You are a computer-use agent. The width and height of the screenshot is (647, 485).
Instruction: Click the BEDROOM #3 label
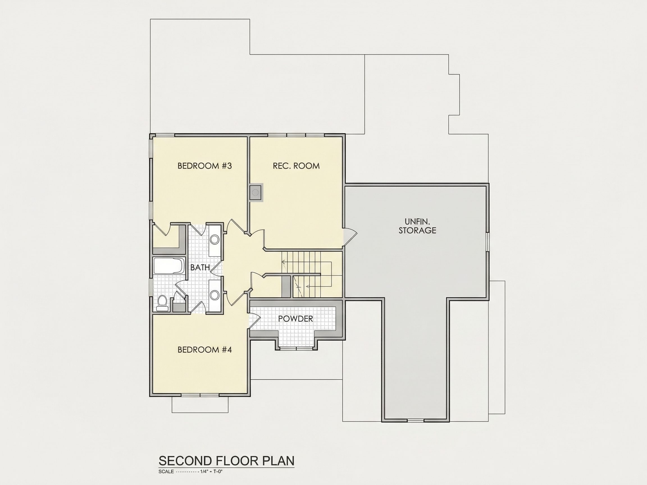coord(204,166)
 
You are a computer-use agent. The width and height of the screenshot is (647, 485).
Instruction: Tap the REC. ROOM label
coord(296,166)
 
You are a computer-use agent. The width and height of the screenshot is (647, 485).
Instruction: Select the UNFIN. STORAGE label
coord(417,226)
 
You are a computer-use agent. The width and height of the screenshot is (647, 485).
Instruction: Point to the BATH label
coord(200,267)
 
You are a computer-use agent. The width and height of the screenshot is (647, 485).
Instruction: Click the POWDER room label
coord(295,319)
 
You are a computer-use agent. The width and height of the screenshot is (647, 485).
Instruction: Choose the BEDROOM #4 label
coord(205,350)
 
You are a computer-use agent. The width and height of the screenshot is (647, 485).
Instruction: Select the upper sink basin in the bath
coord(215,240)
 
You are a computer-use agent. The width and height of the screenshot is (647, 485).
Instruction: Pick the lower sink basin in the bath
coord(215,295)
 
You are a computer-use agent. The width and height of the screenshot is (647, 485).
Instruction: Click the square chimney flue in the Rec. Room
coord(256,192)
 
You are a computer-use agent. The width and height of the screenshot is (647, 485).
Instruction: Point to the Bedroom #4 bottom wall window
coord(200,395)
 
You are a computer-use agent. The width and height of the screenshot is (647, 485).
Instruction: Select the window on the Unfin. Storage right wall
coord(487,242)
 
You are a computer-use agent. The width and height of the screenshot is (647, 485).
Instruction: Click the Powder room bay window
coord(297,349)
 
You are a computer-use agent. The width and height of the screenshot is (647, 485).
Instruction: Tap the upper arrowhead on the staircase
coord(283,262)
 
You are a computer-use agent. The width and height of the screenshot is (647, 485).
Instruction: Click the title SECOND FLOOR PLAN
coord(226,461)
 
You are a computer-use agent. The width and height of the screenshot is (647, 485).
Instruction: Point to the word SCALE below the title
coord(166,471)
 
